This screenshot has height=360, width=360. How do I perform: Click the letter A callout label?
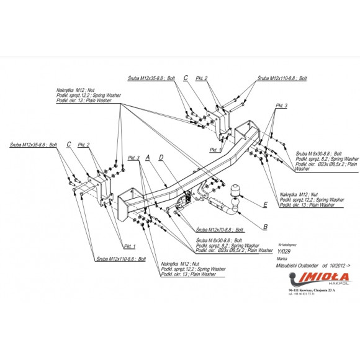click(x=148, y=158)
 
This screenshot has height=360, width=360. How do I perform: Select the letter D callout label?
click(x=161, y=158)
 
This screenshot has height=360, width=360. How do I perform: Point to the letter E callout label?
click(x=265, y=204)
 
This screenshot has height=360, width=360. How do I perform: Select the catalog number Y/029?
click(x=284, y=251)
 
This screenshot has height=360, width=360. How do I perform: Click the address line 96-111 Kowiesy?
click(x=308, y=290)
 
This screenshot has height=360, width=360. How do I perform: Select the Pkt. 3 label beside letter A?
click(x=134, y=158)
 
